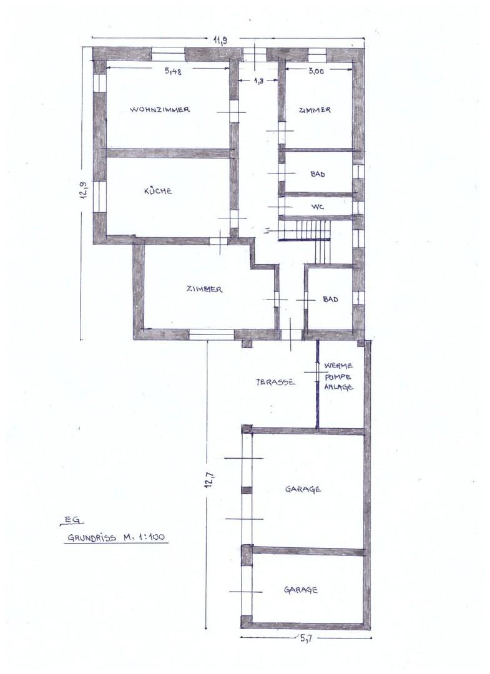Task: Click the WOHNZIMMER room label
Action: (160, 110)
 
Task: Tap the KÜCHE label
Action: (158, 192)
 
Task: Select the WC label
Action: (318, 205)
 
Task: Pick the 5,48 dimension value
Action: (173, 72)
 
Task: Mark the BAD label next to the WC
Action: (318, 175)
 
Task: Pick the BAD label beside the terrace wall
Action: (330, 300)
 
